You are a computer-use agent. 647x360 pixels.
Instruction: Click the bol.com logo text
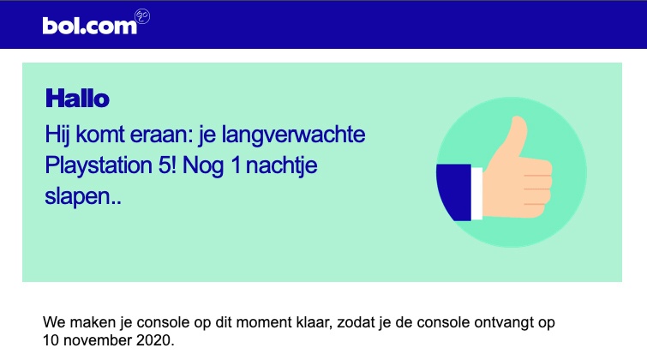point(89,26)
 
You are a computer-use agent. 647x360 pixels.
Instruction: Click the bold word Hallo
point(77,99)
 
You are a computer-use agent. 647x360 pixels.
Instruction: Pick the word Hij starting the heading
point(57,135)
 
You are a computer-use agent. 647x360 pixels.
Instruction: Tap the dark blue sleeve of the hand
point(453,192)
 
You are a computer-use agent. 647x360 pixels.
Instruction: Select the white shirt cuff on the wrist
point(477,194)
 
